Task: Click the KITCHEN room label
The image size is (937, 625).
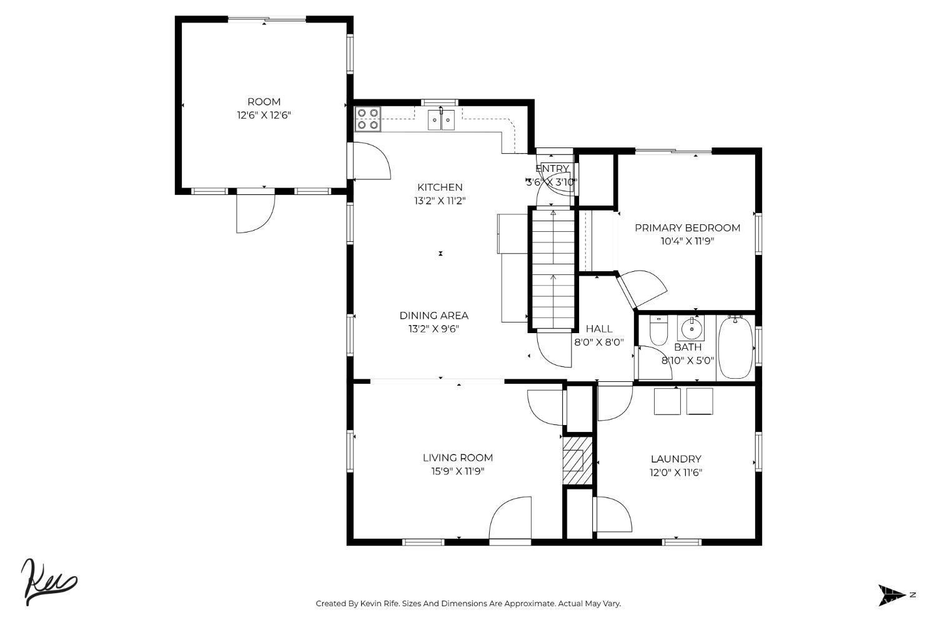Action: [x=440, y=187]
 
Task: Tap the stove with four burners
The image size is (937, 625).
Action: [x=368, y=119]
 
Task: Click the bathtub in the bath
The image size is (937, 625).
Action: [x=735, y=348]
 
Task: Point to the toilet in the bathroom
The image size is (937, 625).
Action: [x=658, y=330]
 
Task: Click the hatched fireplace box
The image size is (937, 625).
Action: [x=577, y=461]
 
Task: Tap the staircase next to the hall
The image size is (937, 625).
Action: [x=553, y=269]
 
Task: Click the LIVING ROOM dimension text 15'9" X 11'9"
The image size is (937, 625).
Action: [x=458, y=471]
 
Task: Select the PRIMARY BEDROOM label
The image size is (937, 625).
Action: [x=687, y=227]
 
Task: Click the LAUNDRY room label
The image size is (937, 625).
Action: [x=676, y=459]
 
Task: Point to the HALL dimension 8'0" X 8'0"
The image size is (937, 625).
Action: [x=599, y=342]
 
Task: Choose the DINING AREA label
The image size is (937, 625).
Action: [x=434, y=315]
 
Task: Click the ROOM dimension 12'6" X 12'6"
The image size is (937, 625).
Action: [x=264, y=115]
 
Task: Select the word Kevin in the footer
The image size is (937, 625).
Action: [x=370, y=603]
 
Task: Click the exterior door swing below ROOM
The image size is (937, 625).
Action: [x=255, y=212]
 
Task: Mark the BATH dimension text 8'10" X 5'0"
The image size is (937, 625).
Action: [x=688, y=361]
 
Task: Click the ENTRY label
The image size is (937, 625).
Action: [x=552, y=168]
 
